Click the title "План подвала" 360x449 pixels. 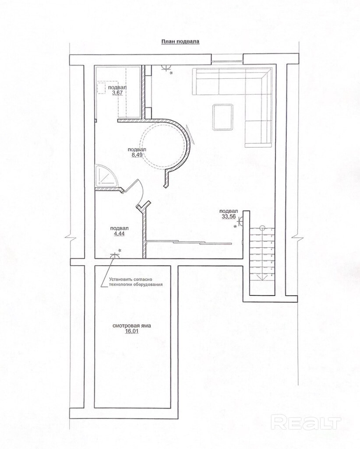pos(180,42)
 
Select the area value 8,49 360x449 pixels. pos(137,154)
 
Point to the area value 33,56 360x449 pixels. pos(229,217)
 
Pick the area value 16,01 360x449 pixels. pos(131,331)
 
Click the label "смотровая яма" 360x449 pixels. pos(131,326)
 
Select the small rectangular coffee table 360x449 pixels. pos(223,117)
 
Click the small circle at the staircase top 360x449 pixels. pos(262,228)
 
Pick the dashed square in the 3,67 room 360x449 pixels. pos(102,87)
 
